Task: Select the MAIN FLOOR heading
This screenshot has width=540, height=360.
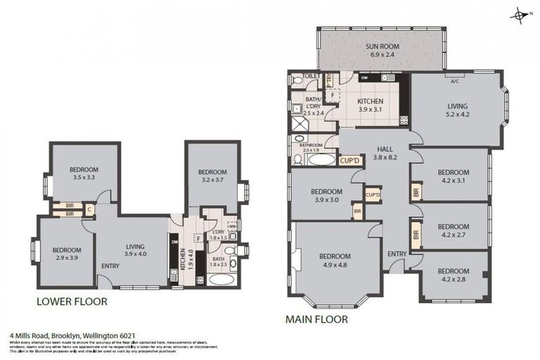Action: point(317,319)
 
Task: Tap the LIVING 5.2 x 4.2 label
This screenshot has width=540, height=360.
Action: point(457,110)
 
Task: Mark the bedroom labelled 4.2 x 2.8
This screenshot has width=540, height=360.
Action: point(453,275)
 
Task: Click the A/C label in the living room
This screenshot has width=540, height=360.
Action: point(454,80)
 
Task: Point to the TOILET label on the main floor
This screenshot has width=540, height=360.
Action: point(311,75)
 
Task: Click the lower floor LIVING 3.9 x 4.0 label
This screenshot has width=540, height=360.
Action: point(135,250)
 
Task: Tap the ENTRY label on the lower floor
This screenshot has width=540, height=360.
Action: point(110,266)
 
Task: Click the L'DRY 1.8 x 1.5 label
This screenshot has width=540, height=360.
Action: point(218,235)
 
